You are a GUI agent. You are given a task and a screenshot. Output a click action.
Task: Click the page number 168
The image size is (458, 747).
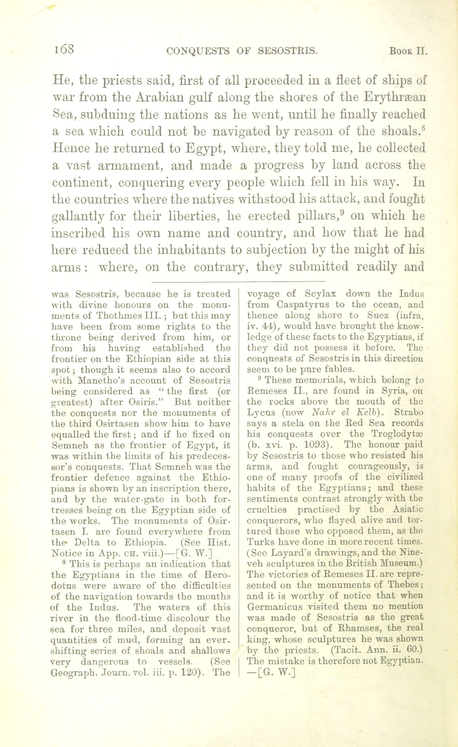tap(64, 49)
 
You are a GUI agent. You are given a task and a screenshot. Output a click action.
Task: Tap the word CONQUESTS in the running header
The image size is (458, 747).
tap(198, 51)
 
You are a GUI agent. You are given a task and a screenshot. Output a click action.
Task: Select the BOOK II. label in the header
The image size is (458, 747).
tap(408, 51)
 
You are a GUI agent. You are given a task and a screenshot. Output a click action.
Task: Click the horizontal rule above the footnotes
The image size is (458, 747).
tap(239, 281)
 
